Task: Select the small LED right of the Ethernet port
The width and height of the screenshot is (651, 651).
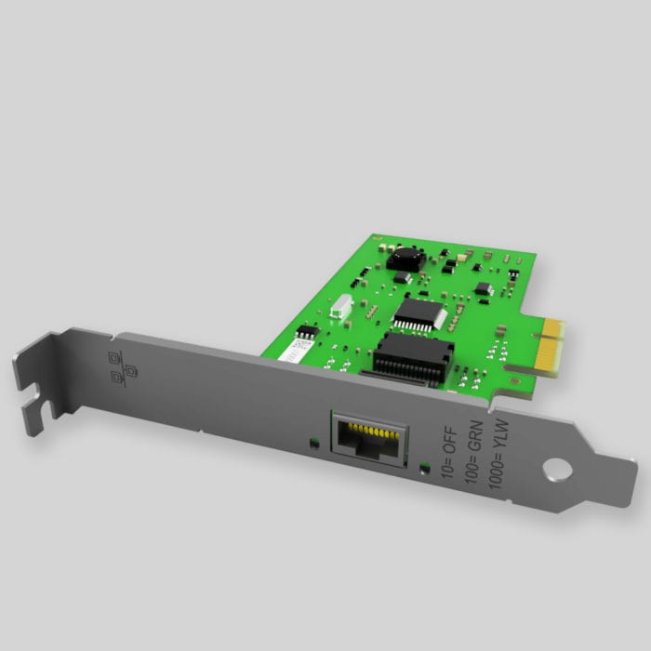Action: pyautogui.click(x=425, y=467)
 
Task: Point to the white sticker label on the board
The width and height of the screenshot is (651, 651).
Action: pyautogui.click(x=296, y=352)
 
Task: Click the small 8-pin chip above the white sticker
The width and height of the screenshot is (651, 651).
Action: pyautogui.click(x=304, y=330)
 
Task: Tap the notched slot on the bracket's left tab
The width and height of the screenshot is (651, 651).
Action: pyautogui.click(x=35, y=402)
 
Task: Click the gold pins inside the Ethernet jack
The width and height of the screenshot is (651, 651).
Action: pyautogui.click(x=369, y=432)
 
